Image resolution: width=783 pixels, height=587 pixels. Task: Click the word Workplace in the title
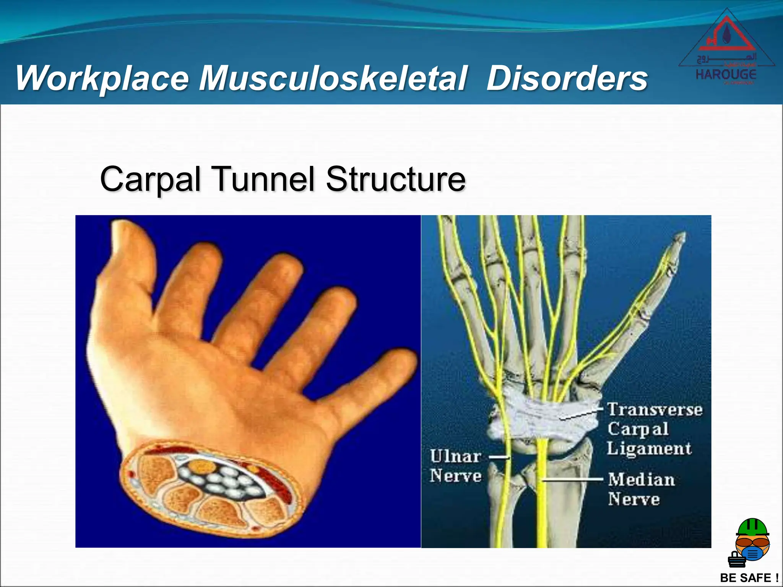click(102, 78)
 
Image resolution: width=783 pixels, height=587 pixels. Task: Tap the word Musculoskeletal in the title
click(333, 78)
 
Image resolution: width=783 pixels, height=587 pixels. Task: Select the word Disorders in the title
click(567, 78)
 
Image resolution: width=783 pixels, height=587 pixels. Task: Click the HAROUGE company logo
click(726, 48)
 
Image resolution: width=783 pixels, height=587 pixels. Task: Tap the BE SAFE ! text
click(749, 577)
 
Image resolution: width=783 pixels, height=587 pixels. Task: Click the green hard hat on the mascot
click(752, 527)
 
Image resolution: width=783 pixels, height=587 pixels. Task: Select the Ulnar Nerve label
click(455, 466)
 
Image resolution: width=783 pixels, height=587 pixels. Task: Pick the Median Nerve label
click(641, 490)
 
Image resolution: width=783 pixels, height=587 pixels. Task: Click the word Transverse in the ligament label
click(655, 410)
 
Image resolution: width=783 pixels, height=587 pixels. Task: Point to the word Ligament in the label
click(649, 448)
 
